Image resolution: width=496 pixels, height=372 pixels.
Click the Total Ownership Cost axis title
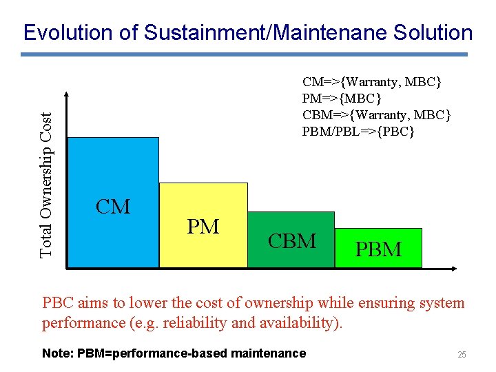[46, 175]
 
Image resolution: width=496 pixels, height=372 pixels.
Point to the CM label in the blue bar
[113, 207]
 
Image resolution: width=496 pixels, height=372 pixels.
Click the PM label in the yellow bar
[203, 226]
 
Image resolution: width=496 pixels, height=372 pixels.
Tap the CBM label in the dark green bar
[292, 240]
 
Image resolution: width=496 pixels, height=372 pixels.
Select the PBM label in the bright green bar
[378, 249]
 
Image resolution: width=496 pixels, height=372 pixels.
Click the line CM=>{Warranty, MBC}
[372, 82]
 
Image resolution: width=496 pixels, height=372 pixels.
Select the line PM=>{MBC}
[346, 99]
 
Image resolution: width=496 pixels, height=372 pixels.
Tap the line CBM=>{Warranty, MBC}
[377, 114]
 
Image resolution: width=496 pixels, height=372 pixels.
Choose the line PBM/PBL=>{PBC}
[358, 131]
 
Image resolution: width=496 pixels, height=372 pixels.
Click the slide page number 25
[462, 355]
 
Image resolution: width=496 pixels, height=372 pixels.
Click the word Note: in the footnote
[58, 353]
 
